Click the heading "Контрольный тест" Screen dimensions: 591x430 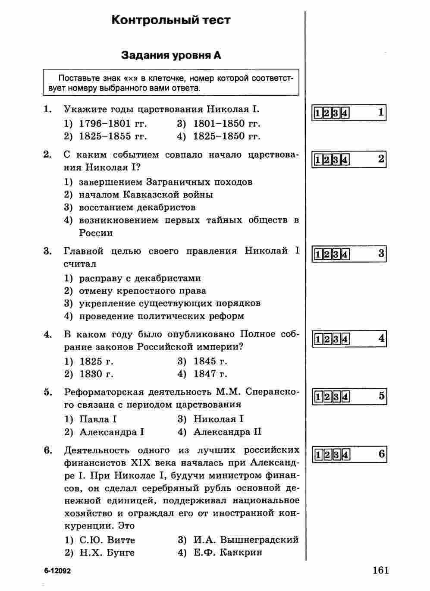[x=171, y=20]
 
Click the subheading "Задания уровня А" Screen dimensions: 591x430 [x=171, y=55]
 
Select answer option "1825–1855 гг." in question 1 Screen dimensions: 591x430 [x=113, y=136]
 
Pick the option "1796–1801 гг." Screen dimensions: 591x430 [x=113, y=123]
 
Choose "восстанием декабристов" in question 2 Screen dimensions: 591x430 [x=137, y=207]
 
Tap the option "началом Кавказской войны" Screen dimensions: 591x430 [x=146, y=195]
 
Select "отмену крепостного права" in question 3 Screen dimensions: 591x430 [x=142, y=291]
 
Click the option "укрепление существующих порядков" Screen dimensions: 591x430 [x=169, y=303]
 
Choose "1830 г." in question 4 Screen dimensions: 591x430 [x=96, y=374]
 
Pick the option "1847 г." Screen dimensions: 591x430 [x=210, y=374]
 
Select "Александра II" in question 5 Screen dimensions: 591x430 [x=227, y=432]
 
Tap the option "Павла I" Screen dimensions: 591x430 [x=98, y=419]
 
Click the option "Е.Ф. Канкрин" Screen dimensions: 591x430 [x=228, y=553]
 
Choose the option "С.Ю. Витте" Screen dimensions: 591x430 [x=107, y=540]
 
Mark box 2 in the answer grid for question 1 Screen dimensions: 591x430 [x=326, y=113]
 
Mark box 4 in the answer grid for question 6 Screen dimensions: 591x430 [x=345, y=455]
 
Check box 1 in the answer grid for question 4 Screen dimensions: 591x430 [x=318, y=339]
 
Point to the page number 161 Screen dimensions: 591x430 [x=381, y=570]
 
